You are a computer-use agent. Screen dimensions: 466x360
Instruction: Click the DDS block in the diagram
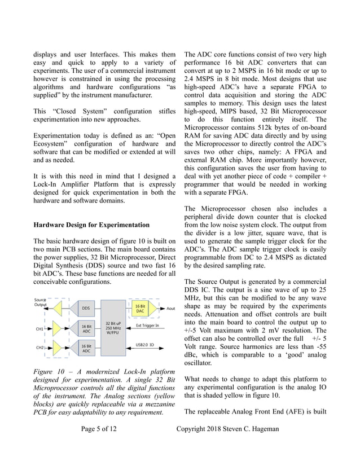click(x=86, y=309)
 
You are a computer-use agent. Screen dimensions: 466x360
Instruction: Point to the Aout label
click(x=170, y=309)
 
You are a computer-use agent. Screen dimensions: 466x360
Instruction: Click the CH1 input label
click(x=39, y=328)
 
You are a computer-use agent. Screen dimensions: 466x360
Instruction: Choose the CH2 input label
click(x=39, y=348)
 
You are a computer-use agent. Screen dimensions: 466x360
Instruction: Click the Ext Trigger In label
click(x=147, y=326)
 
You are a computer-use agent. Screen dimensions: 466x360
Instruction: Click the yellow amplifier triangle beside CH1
click(x=57, y=328)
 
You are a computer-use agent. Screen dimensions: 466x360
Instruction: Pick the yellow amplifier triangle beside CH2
click(x=57, y=348)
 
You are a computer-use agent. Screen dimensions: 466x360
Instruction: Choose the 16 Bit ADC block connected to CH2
click(x=86, y=349)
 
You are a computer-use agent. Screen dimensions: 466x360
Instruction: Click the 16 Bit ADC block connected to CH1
click(x=86, y=328)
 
